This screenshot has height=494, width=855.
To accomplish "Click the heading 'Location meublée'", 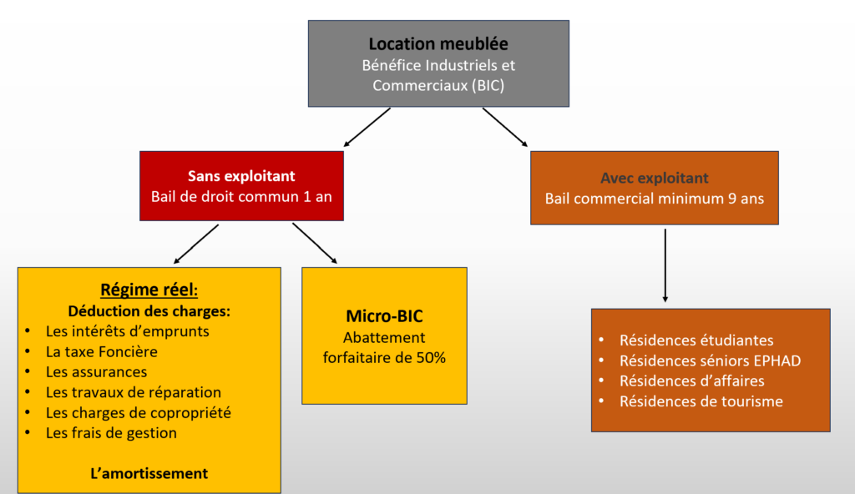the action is click(438, 43).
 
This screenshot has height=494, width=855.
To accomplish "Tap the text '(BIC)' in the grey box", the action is click(488, 86).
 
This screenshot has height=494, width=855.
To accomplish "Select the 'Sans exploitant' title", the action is click(241, 176).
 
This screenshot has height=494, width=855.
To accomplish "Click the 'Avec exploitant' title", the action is click(655, 179).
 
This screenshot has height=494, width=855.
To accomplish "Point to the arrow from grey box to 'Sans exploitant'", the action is click(367, 127).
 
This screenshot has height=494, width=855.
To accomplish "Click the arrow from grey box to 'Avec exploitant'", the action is click(505, 127).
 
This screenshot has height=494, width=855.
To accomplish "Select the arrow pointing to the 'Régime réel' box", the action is click(195, 244).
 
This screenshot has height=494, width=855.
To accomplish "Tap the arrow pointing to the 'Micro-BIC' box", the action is click(315, 243).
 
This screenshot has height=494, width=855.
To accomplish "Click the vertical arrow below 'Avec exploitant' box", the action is click(665, 265).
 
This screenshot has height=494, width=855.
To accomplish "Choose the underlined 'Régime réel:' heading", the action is click(149, 290).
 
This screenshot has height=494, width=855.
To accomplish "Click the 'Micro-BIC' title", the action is click(384, 316).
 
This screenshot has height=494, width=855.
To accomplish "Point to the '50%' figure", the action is click(431, 358).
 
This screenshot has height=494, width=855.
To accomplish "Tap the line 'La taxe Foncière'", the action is click(101, 351).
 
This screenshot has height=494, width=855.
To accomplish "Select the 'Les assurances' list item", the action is click(97, 372).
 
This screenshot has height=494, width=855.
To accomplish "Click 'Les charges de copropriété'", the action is click(139, 413).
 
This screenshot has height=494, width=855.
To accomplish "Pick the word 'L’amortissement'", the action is click(149, 473).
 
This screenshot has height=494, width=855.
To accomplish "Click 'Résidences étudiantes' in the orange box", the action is click(696, 340).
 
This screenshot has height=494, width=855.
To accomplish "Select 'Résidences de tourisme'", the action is click(701, 401).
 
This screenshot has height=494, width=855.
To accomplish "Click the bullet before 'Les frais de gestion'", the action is click(28, 432).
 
